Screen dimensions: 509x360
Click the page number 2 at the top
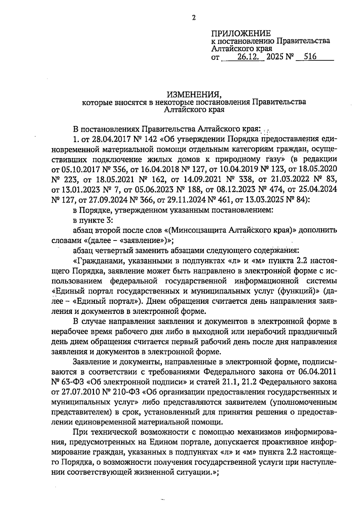pos(193,18)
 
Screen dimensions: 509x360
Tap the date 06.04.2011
pos(318,372)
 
